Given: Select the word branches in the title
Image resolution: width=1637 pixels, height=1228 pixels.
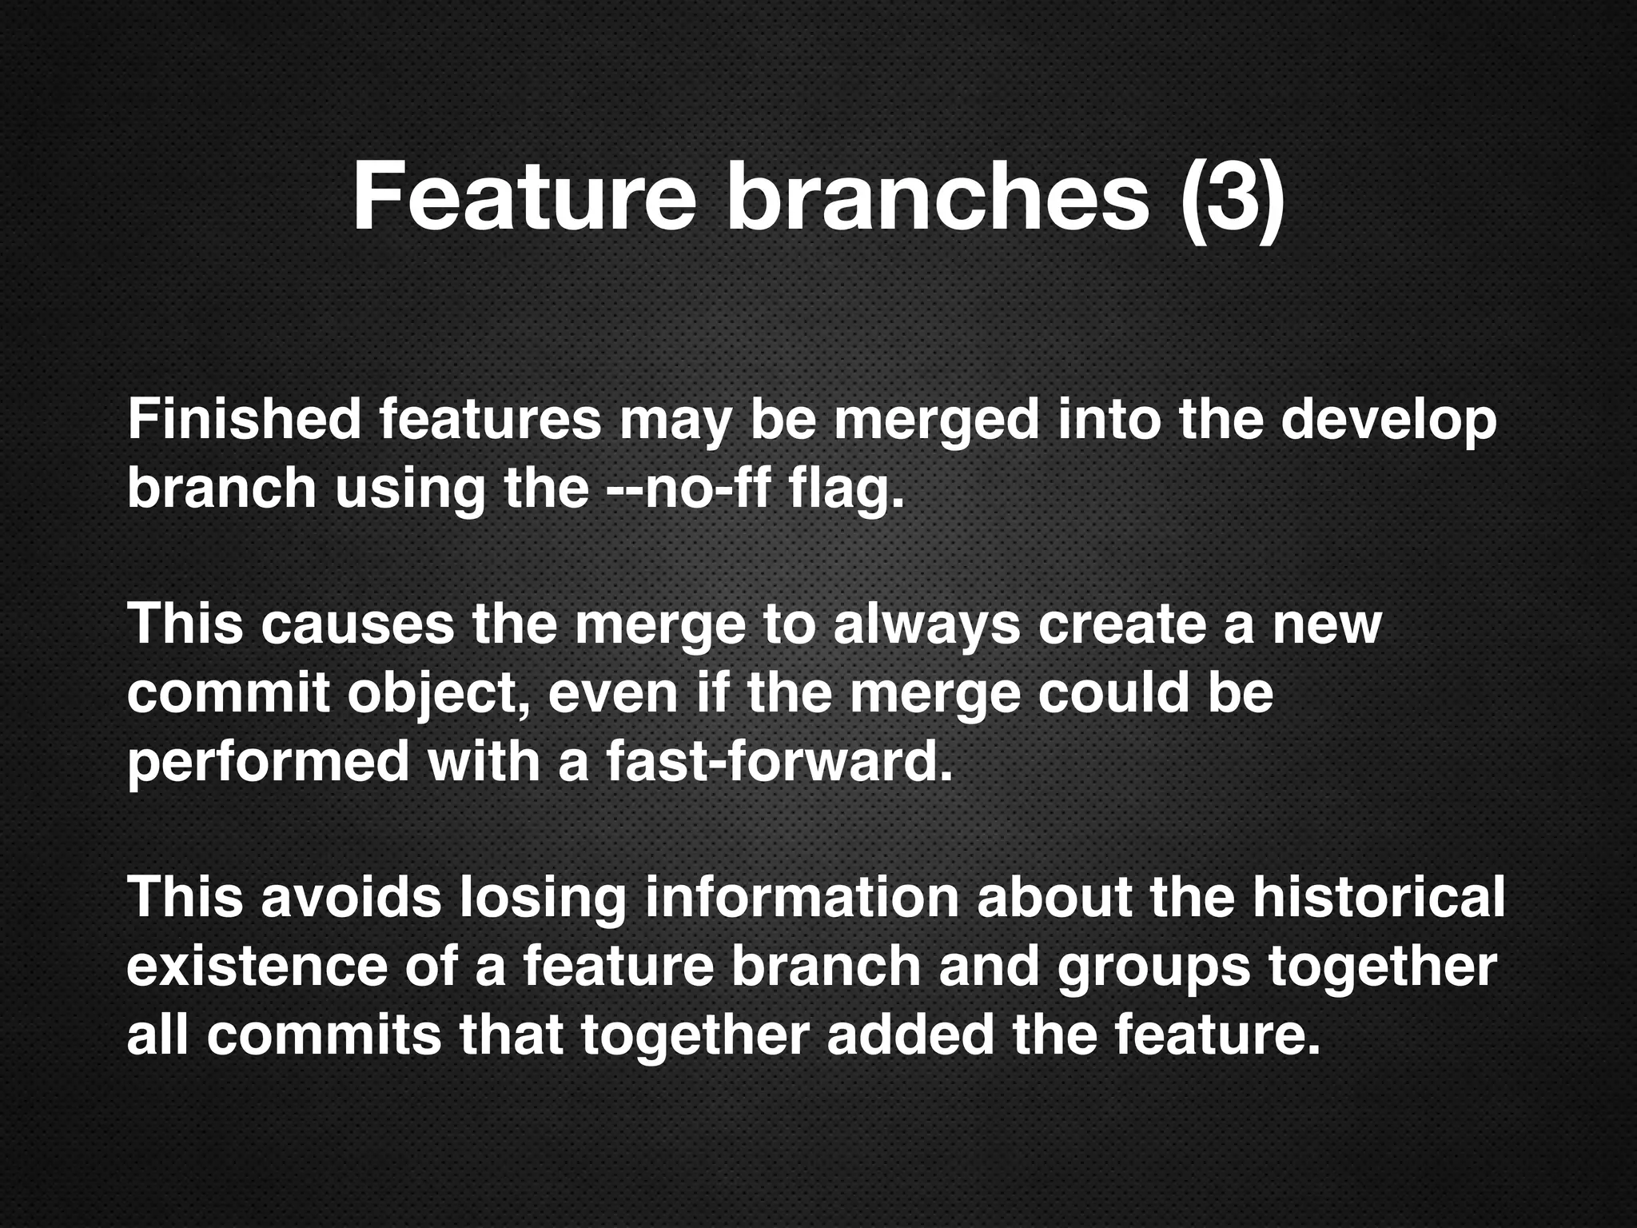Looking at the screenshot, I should (x=936, y=197).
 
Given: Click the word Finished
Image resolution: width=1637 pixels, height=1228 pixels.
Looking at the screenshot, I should (x=244, y=421).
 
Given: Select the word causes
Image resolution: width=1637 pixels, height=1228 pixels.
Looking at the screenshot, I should (x=357, y=625).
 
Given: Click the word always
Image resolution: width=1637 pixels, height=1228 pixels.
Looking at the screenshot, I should (x=926, y=625).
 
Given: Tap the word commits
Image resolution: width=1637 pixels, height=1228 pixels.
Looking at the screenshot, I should (x=324, y=1035).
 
